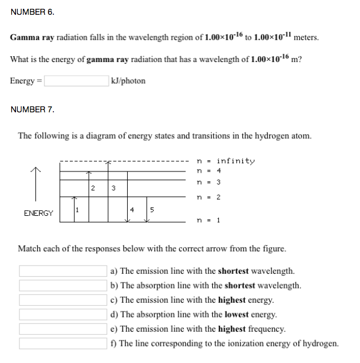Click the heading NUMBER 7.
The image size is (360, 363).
pos(33,109)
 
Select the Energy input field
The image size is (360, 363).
pos(76,81)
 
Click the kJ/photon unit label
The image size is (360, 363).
pos(128,81)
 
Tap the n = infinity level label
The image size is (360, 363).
pos(225,161)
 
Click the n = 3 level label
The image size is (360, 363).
pos(208,183)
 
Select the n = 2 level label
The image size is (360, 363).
pos(208,197)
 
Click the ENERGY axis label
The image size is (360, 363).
pos(38,213)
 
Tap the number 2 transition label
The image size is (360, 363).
pos(94,189)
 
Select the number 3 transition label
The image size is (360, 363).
pos(113,189)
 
